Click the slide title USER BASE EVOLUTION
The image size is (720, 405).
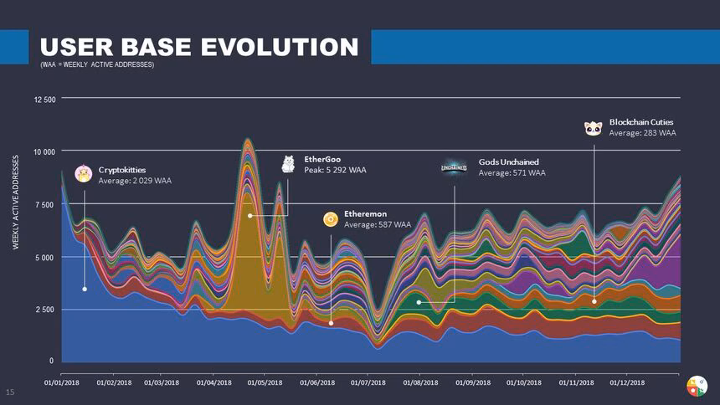pyautogui.click(x=199, y=47)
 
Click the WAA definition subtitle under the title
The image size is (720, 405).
pyautogui.click(x=96, y=65)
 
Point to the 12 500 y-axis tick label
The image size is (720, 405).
pyautogui.click(x=44, y=100)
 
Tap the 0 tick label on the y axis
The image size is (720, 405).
pyautogui.click(x=51, y=361)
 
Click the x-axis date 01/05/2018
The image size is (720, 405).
pyautogui.click(x=264, y=382)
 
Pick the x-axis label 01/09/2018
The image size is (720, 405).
pyautogui.click(x=472, y=382)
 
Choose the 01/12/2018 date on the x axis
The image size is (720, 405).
pyautogui.click(x=628, y=382)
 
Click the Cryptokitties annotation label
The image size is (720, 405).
pyautogui.click(x=122, y=169)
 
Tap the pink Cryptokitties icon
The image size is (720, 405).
pyautogui.click(x=84, y=173)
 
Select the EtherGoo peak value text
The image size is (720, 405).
pyautogui.click(x=335, y=170)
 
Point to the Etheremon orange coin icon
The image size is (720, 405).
pyautogui.click(x=331, y=219)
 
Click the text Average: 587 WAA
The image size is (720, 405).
pyautogui.click(x=378, y=224)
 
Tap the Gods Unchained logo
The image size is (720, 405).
pyautogui.click(x=455, y=167)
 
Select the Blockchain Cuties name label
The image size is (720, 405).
pyautogui.click(x=641, y=122)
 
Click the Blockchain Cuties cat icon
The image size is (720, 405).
pyautogui.click(x=593, y=127)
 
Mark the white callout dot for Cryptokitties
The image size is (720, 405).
pyautogui.click(x=85, y=289)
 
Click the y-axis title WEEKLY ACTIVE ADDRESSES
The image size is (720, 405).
pyautogui.click(x=16, y=205)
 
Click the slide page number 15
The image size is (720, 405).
pyautogui.click(x=12, y=392)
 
